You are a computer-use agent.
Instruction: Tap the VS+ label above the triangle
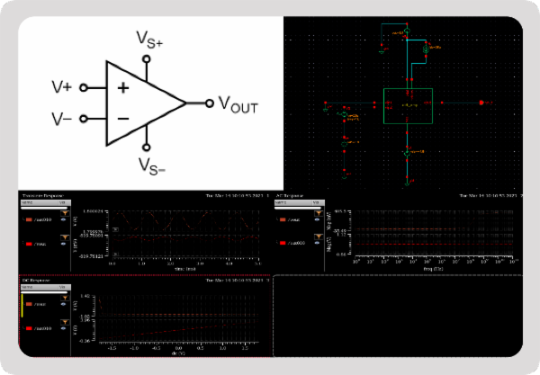tap(150, 38)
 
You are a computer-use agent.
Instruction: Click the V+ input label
tap(61, 87)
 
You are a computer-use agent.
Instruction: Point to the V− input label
tap(61, 119)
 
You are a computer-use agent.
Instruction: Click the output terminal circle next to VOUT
tap(211, 103)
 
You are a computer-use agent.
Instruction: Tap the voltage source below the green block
tap(408, 154)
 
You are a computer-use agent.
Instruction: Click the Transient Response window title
tap(40, 195)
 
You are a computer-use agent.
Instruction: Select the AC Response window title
tap(290, 195)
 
